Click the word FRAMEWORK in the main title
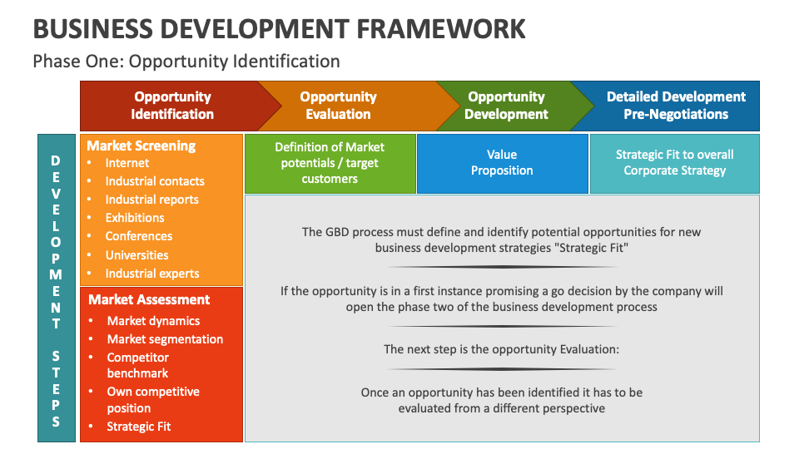tap(441, 29)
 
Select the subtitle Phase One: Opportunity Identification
tap(186, 61)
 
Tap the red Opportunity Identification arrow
tap(172, 106)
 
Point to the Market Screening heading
tap(141, 146)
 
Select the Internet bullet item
tap(127, 163)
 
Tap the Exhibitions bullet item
tap(135, 218)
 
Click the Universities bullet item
tap(136, 255)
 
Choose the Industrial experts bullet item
tap(151, 274)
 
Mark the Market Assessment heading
tap(149, 299)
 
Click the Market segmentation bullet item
tap(165, 339)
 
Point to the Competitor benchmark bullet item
tap(137, 365)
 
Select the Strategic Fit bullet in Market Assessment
tap(139, 427)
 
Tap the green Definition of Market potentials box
tap(330, 164)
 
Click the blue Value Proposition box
tap(503, 164)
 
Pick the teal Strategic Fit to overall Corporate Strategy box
tap(675, 164)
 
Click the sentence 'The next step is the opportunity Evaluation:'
tap(501, 349)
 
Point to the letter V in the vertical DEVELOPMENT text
tap(56, 194)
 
